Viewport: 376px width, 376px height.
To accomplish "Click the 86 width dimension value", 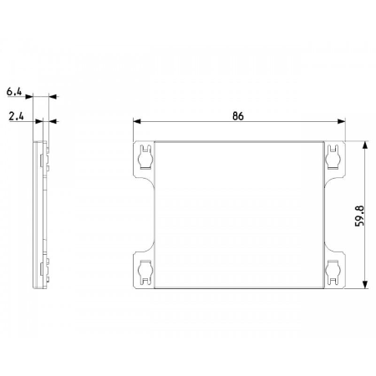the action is click(x=238, y=116).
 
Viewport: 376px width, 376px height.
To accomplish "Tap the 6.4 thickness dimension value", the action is click(x=14, y=91).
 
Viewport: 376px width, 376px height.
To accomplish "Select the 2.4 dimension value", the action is click(x=16, y=116).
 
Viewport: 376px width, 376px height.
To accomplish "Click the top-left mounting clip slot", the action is click(x=145, y=157).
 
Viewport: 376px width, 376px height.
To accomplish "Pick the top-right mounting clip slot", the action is click(x=333, y=157).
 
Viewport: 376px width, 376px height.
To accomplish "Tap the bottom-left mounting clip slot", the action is click(x=145, y=272).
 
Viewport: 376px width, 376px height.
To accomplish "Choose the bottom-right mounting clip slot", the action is click(x=333, y=272).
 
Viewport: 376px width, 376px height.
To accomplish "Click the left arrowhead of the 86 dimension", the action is click(x=137, y=121).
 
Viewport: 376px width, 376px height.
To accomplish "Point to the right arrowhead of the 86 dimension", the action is click(x=341, y=121).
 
